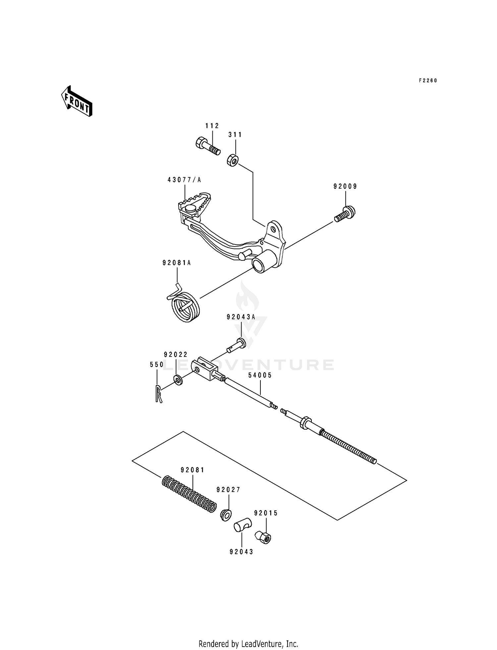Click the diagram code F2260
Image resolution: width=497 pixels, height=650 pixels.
[x=428, y=81]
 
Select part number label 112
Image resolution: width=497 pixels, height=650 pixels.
[x=212, y=126]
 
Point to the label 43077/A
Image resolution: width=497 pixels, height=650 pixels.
[x=184, y=180]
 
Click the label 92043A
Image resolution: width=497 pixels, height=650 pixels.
[x=241, y=317]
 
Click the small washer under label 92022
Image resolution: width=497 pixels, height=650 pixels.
[x=178, y=380]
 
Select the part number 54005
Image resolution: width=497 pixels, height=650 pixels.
[x=260, y=375]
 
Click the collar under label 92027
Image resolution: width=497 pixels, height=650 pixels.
[x=226, y=515]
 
